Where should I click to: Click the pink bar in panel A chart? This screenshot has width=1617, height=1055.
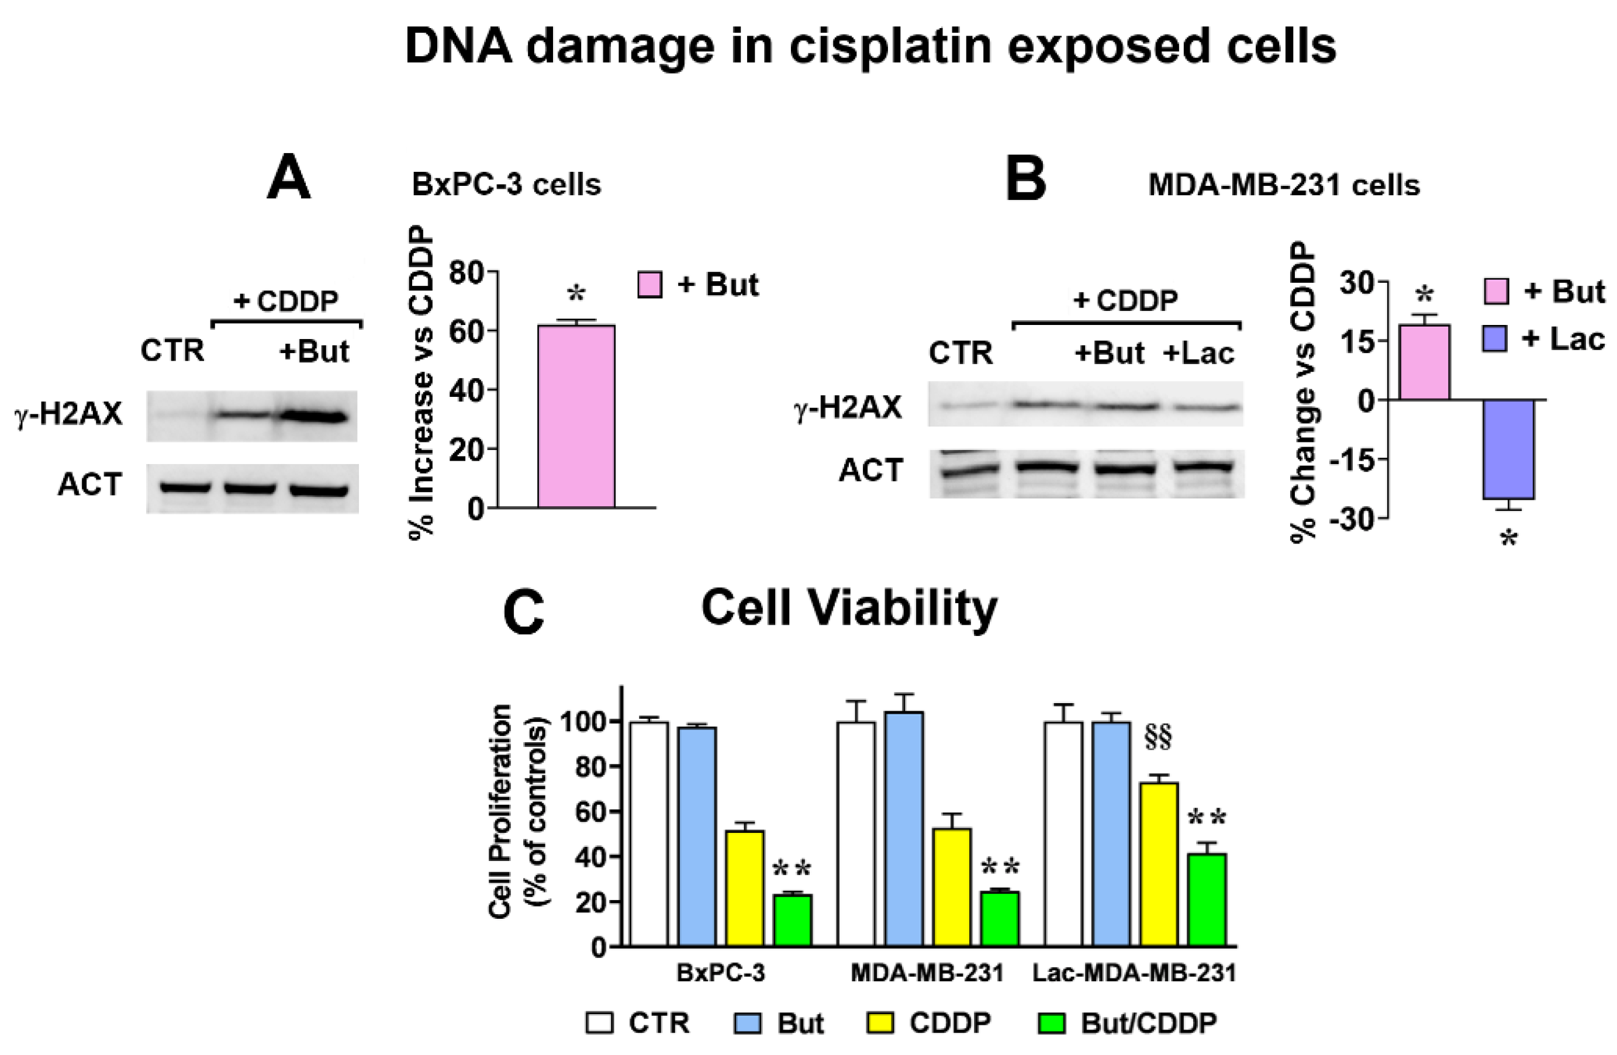tap(576, 416)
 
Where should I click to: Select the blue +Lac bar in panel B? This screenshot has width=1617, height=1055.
tap(1508, 449)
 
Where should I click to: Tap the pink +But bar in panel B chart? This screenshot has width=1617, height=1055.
tap(1425, 362)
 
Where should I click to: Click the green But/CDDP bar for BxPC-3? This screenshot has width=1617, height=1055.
tap(793, 920)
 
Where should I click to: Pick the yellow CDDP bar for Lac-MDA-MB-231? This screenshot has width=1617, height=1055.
tap(1159, 863)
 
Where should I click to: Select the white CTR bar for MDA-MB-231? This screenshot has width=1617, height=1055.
tap(856, 833)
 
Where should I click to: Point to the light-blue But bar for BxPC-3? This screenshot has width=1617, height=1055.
tap(696, 836)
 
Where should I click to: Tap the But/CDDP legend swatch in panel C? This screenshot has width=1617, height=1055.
tap(1051, 1023)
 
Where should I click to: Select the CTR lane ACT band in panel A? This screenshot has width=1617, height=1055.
tap(184, 487)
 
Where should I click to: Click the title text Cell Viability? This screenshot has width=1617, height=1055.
tap(849, 607)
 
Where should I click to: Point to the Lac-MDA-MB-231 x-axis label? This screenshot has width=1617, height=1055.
tap(1134, 973)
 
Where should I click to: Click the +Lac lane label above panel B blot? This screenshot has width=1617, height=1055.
tap(1198, 353)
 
